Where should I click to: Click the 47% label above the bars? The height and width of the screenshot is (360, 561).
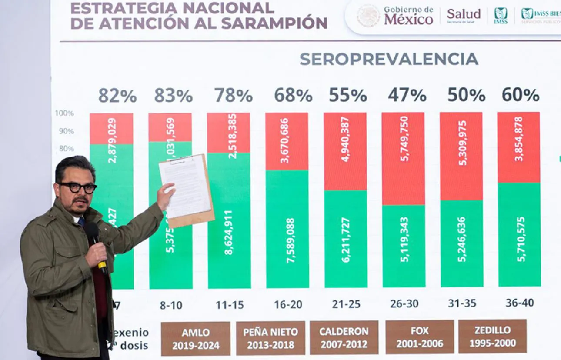tap(407, 95)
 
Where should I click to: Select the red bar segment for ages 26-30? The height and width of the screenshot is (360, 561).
tap(403, 159)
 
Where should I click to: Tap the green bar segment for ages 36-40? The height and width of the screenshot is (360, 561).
tap(519, 235)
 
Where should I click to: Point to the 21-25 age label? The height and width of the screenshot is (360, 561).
tap(346, 304)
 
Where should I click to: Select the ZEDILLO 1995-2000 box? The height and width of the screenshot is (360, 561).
tap(492, 337)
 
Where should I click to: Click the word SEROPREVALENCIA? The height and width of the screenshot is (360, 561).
tap(389, 59)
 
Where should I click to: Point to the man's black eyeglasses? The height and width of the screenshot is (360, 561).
tap(78, 188)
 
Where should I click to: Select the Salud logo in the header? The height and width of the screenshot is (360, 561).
tap(464, 14)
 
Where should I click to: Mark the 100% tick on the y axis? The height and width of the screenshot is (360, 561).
tap(64, 113)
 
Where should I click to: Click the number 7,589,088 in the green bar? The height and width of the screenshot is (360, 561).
tap(291, 240)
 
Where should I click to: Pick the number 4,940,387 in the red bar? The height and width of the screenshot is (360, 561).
tap(345, 139)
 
